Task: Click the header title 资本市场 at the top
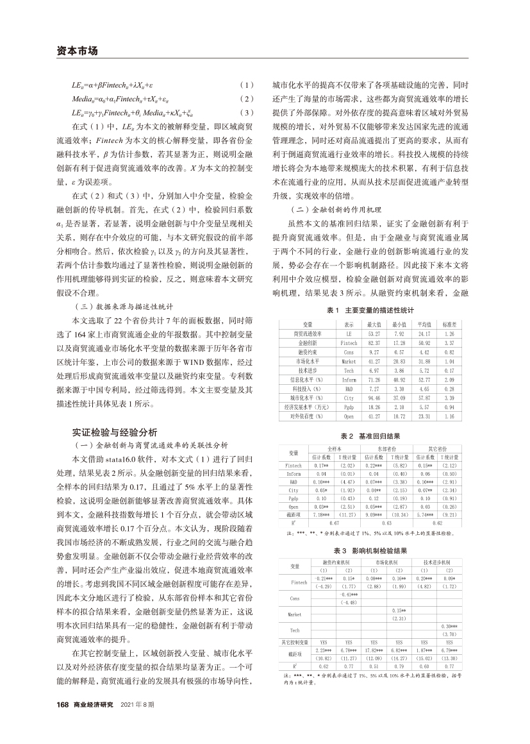(x=73, y=51)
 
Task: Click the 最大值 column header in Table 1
(x=375, y=325)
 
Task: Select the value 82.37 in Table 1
(x=375, y=343)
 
